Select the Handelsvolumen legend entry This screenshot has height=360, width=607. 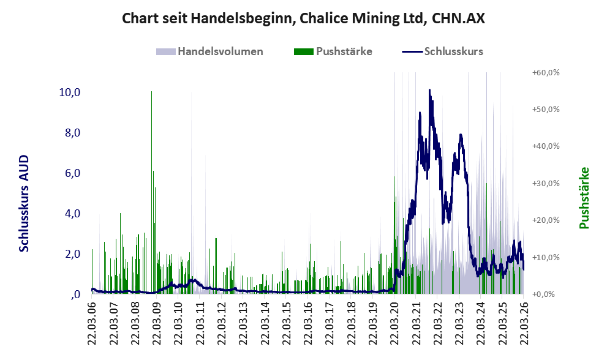pos(220,51)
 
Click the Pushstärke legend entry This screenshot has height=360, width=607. pos(344,51)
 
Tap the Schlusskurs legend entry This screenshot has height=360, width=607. pos(453,51)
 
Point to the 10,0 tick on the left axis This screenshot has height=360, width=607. pos(70,92)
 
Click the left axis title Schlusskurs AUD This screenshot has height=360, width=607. pos(24,203)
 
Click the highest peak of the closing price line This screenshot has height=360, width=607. pos(429,90)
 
